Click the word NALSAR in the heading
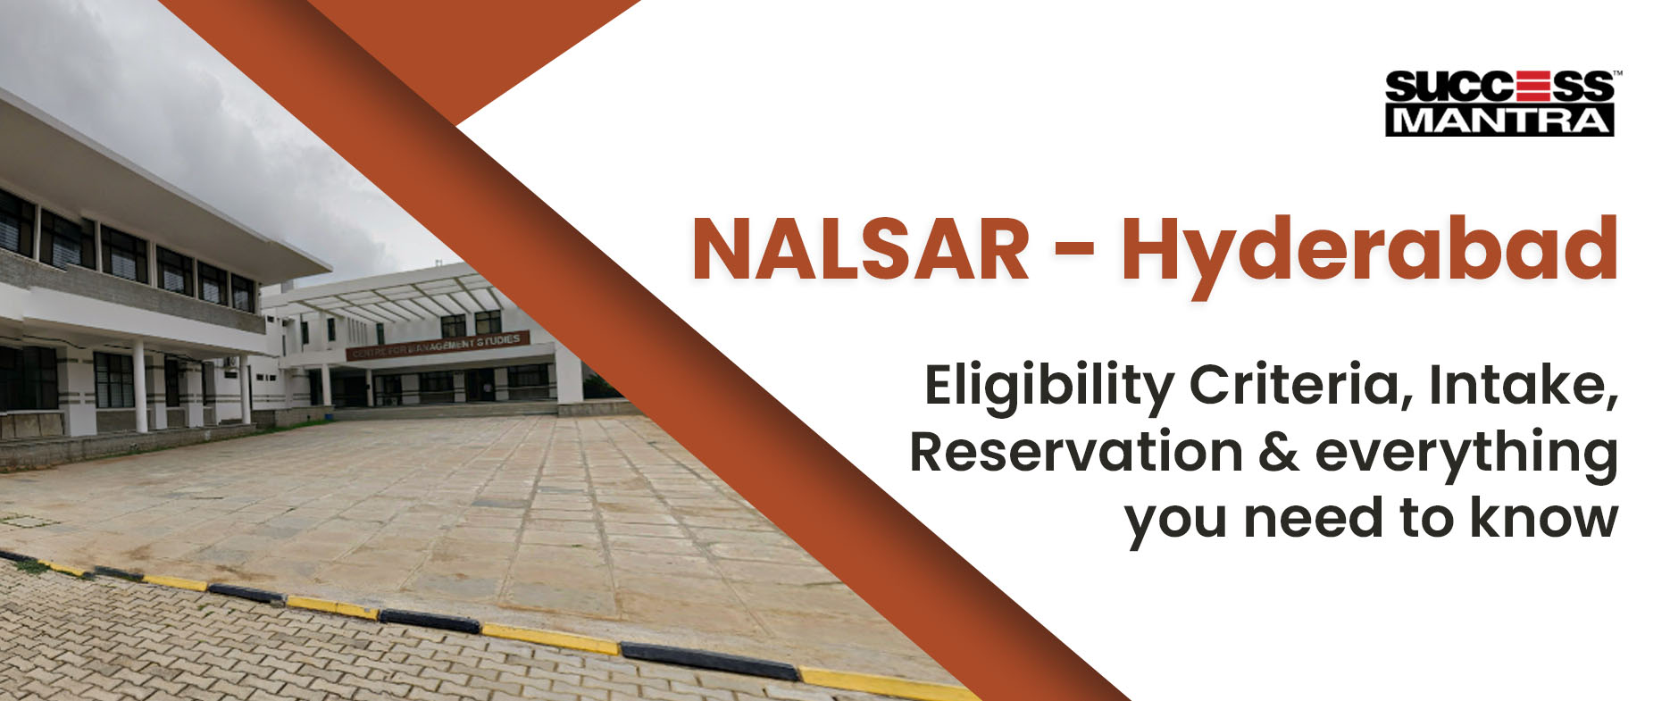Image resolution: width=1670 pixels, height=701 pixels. point(861,250)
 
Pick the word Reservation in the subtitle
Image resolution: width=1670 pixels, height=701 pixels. point(1075,452)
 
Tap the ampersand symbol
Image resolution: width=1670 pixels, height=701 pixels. point(1279,452)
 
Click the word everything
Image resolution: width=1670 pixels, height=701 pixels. point(1467,455)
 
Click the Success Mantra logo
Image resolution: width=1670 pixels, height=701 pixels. point(1503,103)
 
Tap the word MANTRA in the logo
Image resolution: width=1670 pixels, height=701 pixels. point(1500,121)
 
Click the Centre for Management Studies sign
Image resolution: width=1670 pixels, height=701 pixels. point(438,345)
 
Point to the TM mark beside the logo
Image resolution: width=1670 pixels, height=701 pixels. point(1617,73)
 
